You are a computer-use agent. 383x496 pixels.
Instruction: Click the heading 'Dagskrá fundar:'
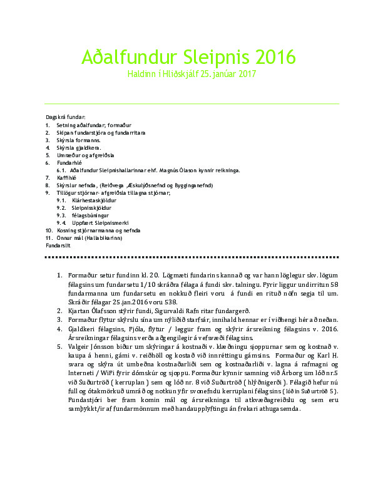point(65,118)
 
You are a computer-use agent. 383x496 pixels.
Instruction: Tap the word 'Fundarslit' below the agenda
point(58,245)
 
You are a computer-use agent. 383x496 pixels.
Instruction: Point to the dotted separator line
point(191,257)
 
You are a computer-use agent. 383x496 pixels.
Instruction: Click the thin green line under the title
point(191,104)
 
